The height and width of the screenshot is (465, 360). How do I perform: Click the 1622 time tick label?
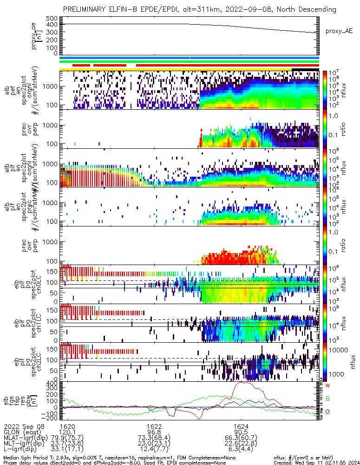(154, 426)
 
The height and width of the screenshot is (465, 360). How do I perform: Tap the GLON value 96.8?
(154, 432)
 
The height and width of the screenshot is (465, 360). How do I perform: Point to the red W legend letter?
(327, 386)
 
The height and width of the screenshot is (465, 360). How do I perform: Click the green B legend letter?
(327, 399)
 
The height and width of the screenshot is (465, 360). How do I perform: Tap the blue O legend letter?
(327, 412)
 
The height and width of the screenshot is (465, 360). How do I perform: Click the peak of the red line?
(242, 383)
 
